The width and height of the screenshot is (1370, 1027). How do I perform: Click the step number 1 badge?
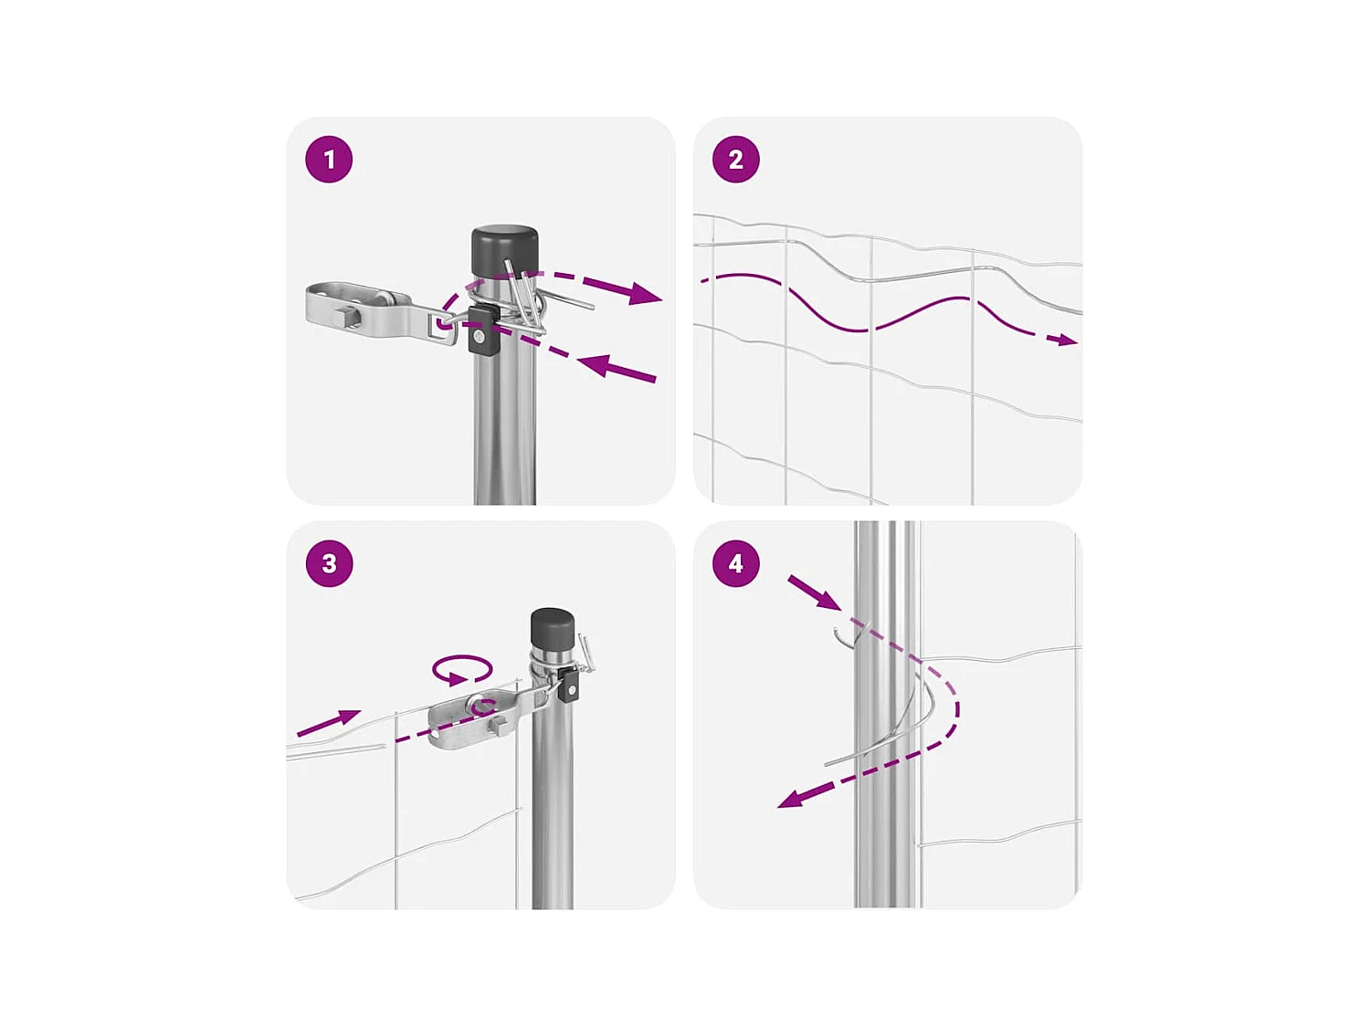329,160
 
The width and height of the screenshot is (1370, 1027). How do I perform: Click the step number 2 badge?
735,160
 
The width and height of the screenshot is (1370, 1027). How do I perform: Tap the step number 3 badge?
329,563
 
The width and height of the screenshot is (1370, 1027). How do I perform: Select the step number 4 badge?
735,563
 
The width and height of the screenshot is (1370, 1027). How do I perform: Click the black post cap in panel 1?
504,249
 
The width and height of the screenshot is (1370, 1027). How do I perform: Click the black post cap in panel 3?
553,627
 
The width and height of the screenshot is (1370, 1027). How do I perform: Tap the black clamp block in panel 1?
480,330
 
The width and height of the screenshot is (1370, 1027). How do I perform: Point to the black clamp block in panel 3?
569,684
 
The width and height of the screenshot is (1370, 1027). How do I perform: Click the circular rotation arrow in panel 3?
462,670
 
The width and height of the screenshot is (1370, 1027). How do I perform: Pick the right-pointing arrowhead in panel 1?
644,294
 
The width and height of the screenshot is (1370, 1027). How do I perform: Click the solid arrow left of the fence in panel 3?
329,722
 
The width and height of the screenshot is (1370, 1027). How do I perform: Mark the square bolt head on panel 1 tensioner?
345,318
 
